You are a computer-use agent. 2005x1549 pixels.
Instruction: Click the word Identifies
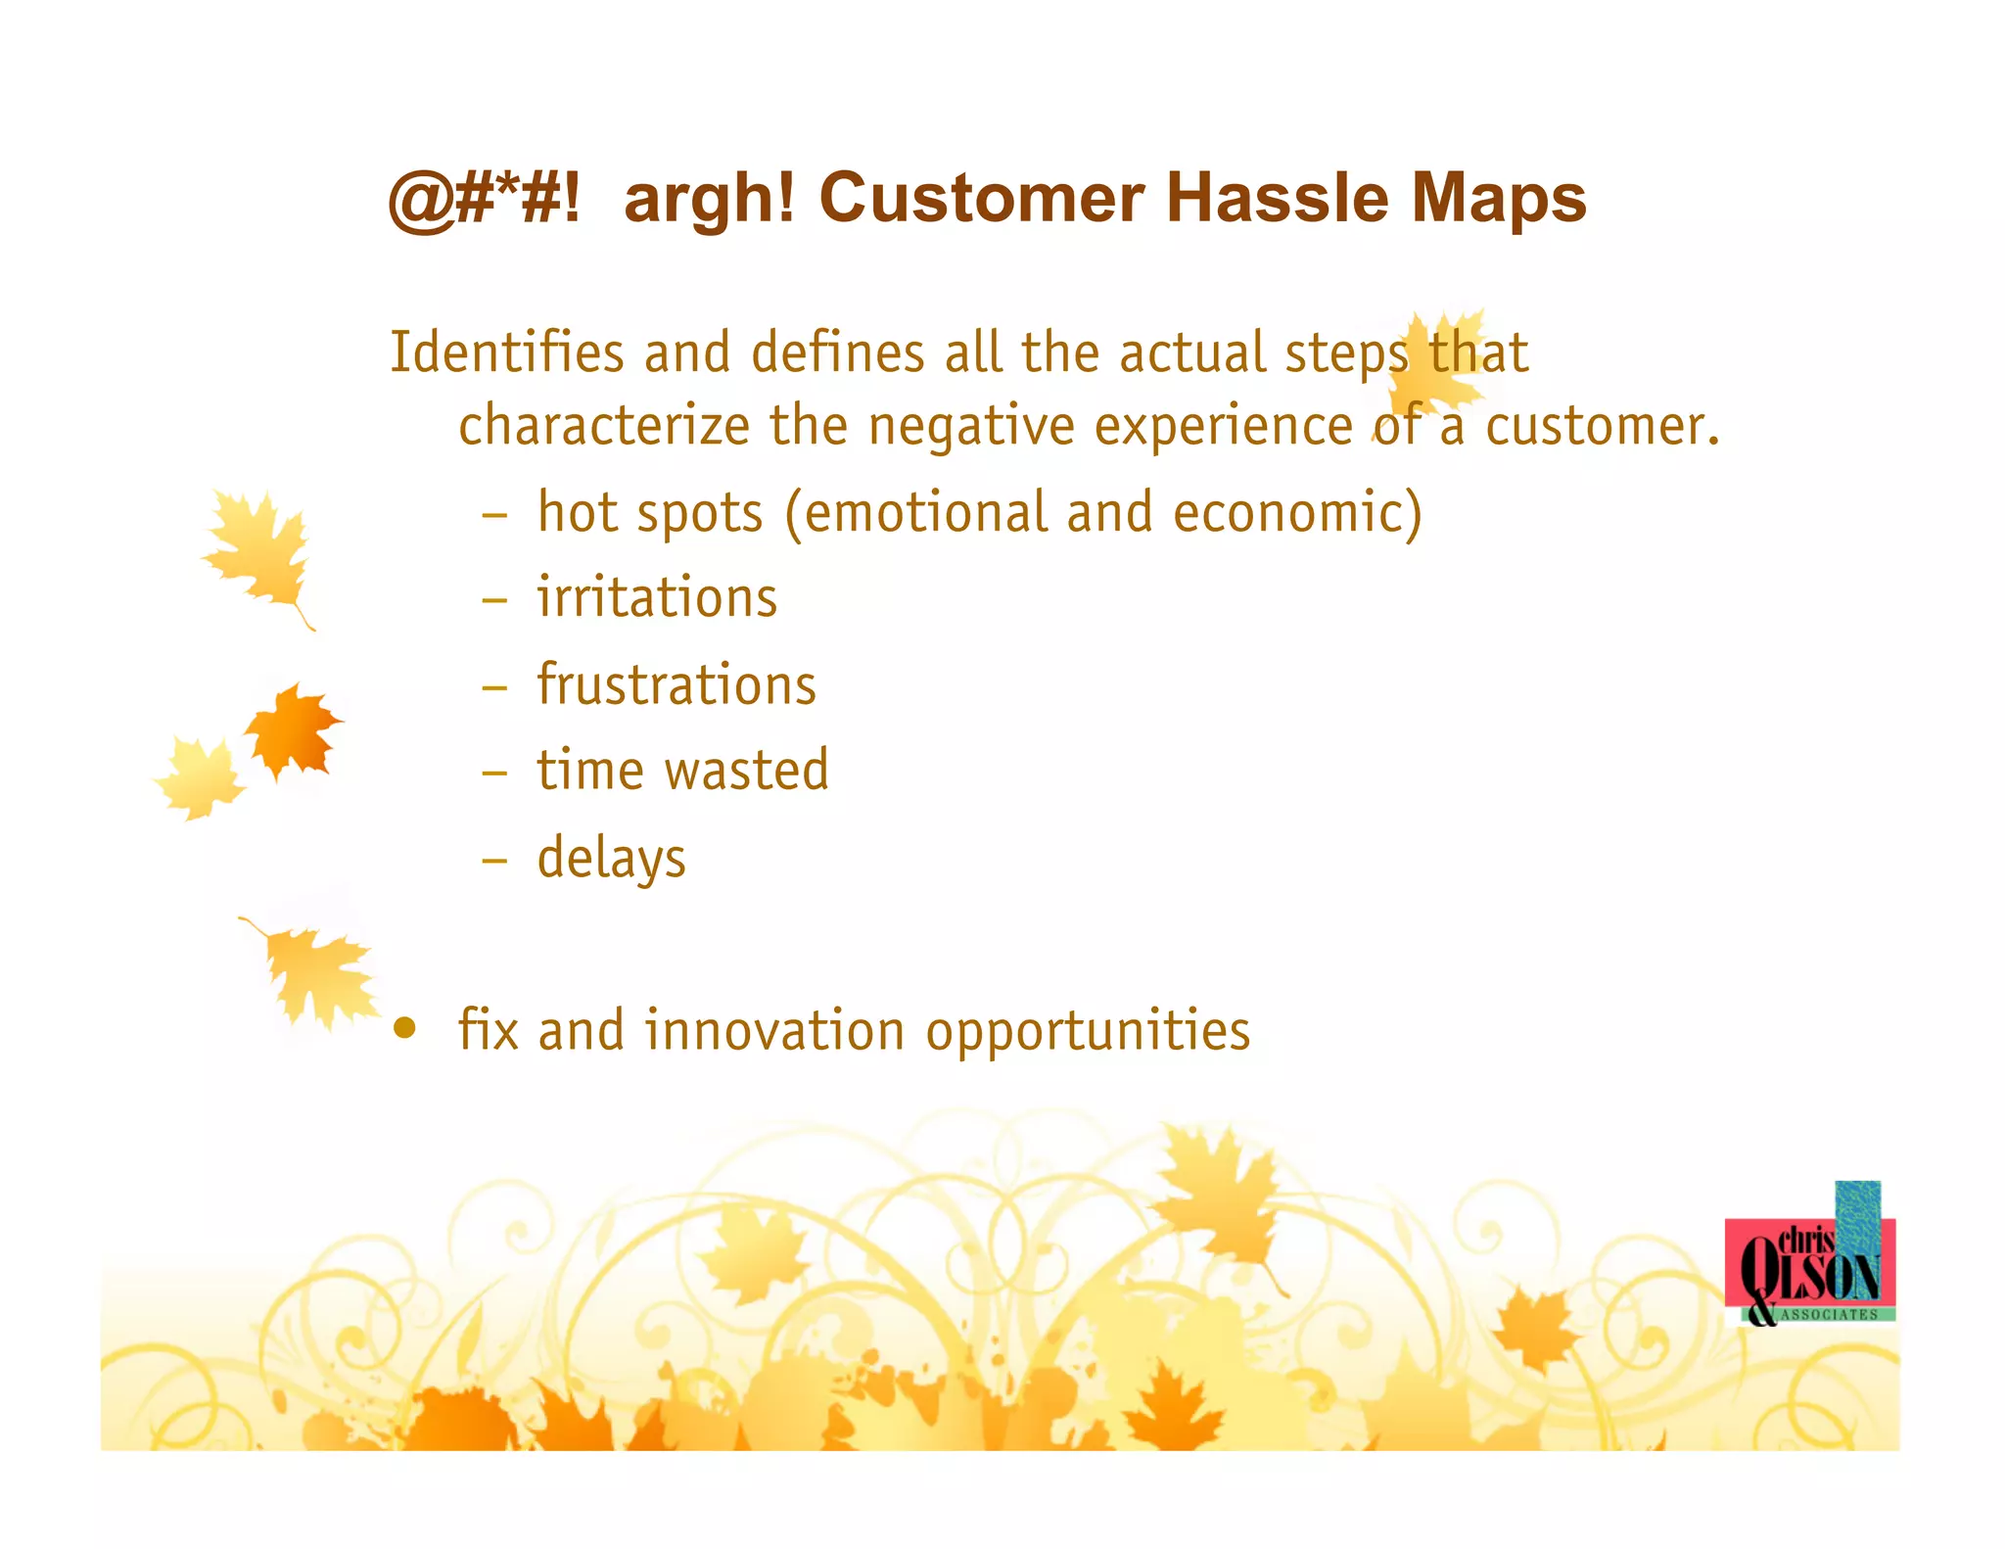[x=506, y=352]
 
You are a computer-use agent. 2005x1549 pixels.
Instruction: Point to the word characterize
[x=604, y=426]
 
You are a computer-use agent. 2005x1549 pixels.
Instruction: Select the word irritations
[x=657, y=598]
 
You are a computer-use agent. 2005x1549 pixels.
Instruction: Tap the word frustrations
[x=676, y=684]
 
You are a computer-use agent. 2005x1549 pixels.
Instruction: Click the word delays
[x=611, y=858]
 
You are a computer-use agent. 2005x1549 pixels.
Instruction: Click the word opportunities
[x=1088, y=1031]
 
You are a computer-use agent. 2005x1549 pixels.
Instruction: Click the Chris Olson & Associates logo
[x=1811, y=1263]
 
